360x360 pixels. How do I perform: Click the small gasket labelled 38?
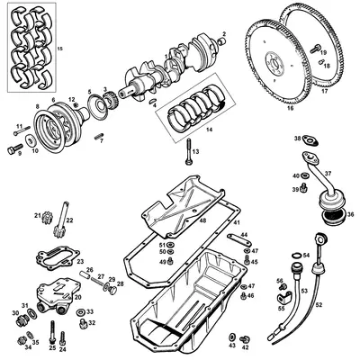click(310, 140)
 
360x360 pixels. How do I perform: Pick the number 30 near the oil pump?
click(16, 313)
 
